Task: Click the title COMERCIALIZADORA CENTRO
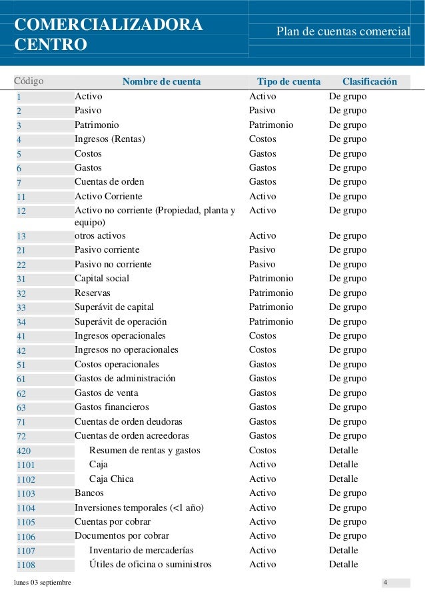(109, 35)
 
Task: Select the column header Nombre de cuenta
(161, 82)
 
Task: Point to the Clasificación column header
(370, 82)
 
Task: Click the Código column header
(29, 82)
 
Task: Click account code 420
(23, 451)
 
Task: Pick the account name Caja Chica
(111, 479)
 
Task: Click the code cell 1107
(26, 551)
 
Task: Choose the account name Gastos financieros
(111, 407)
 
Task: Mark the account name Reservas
(93, 293)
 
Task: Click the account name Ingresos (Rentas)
(109, 139)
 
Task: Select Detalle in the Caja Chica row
(343, 479)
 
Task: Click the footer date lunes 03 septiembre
(43, 585)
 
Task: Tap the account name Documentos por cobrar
(121, 536)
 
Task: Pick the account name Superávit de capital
(114, 307)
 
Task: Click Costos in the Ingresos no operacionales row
(262, 350)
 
